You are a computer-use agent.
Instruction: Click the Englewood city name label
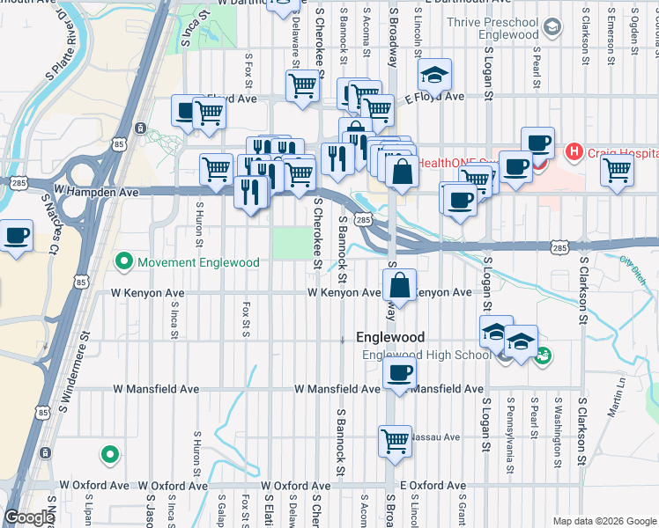point(390,338)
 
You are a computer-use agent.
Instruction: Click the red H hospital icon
point(574,152)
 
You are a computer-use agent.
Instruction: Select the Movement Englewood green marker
point(124,262)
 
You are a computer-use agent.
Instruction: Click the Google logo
point(29,518)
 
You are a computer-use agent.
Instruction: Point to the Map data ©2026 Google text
point(604,521)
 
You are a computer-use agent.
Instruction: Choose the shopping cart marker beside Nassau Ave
point(395,438)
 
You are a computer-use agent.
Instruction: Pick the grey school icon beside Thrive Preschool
point(552,28)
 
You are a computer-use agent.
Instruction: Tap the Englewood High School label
point(427,356)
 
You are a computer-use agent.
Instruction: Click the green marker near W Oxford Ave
point(109,454)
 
